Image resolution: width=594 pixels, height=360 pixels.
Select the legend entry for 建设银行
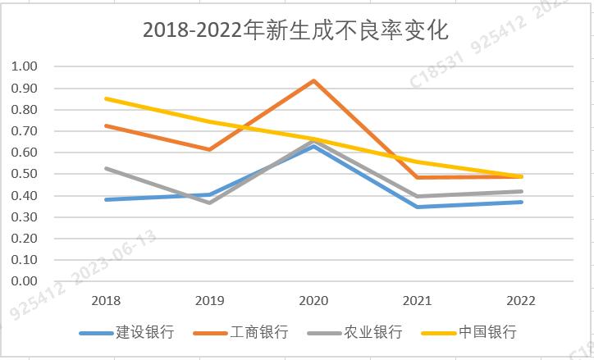tap(144, 332)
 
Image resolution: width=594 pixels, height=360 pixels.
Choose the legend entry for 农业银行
tap(372, 332)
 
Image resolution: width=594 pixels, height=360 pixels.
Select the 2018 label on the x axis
tap(106, 301)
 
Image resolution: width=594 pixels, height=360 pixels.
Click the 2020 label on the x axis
tap(313, 301)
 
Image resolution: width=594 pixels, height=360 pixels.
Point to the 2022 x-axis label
tap(520, 301)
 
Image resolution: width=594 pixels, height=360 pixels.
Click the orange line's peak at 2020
tap(313, 80)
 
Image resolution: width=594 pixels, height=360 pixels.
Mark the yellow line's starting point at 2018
tap(106, 98)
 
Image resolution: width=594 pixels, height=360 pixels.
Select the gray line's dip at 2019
tap(209, 202)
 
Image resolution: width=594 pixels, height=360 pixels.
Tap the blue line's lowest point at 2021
tap(417, 207)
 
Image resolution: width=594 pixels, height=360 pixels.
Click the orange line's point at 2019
tap(209, 149)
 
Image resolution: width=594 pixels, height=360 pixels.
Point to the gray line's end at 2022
tap(520, 191)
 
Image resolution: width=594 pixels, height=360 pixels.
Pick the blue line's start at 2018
tap(106, 199)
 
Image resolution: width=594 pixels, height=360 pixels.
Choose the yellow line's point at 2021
tap(417, 162)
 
